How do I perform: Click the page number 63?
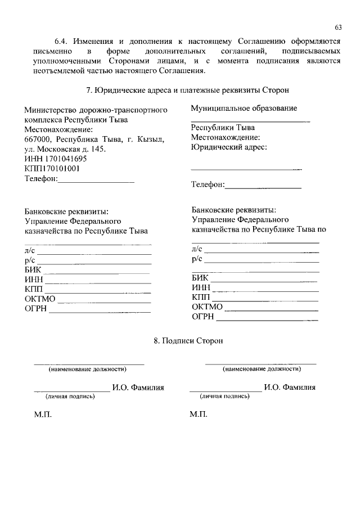pyautogui.click(x=337, y=28)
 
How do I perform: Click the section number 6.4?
pyautogui.click(x=62, y=42)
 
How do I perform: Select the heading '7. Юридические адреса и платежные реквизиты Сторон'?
pyautogui.click(x=180, y=90)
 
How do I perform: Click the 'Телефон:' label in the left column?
pyautogui.click(x=41, y=179)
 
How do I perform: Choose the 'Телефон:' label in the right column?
pyautogui.click(x=208, y=184)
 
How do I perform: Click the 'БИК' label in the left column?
pyautogui.click(x=33, y=270)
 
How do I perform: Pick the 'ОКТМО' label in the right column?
pyautogui.click(x=208, y=307)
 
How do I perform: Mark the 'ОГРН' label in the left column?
pyautogui.click(x=35, y=308)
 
